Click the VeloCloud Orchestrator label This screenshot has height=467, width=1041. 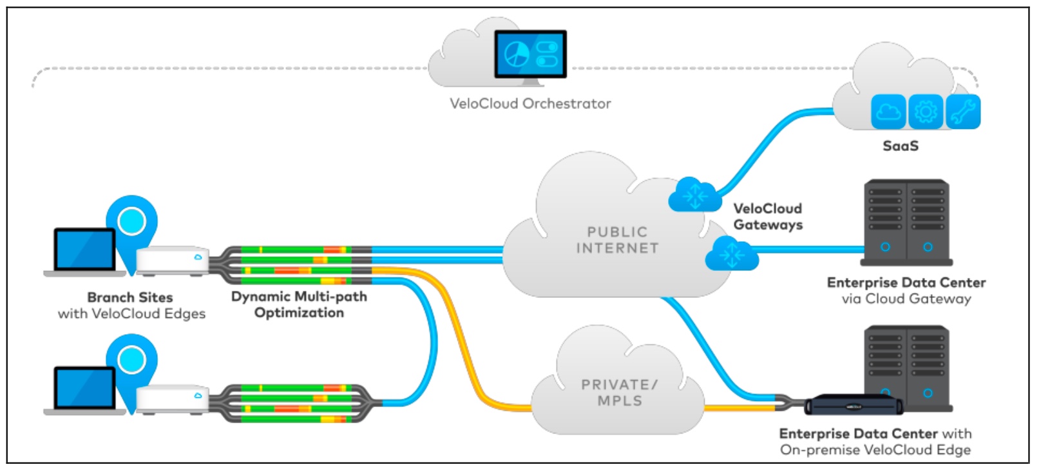530,103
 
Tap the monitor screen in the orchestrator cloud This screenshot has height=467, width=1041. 530,54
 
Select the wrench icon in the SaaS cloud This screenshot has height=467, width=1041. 963,112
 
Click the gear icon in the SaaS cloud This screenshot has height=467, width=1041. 926,112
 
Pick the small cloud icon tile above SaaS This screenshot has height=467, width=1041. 888,112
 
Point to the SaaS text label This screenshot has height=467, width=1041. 900,146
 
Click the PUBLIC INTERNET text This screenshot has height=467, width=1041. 617,240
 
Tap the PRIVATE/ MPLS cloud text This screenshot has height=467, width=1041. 619,392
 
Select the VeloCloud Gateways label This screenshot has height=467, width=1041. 767,217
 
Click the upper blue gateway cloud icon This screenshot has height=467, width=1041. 694,195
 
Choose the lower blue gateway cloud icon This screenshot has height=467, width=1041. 731,253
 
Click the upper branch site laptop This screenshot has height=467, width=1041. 84,250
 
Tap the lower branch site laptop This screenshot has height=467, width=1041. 84,390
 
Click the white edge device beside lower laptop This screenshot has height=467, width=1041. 172,400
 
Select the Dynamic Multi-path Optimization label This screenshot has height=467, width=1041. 299,304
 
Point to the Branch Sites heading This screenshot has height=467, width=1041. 130,297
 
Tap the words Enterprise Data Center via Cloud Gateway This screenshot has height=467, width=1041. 906,290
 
